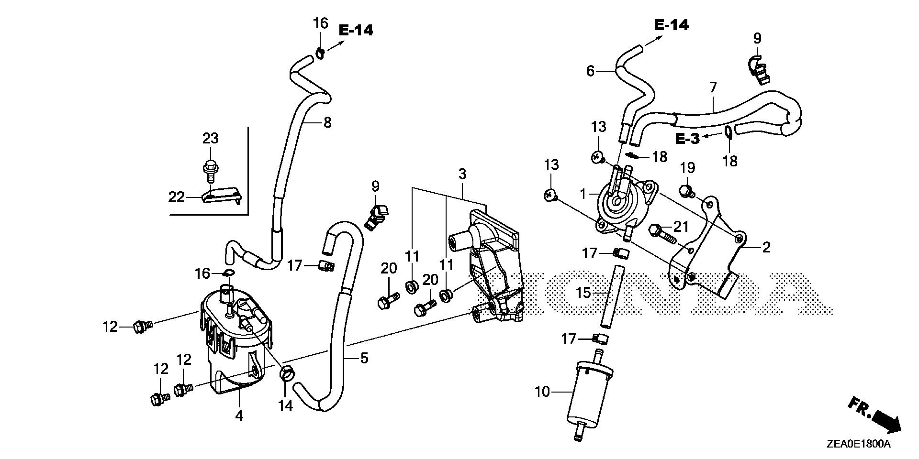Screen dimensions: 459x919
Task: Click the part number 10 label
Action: click(542, 393)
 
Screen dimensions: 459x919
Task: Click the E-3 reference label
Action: click(687, 139)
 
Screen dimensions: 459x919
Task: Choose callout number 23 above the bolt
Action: click(211, 139)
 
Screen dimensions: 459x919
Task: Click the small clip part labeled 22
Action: click(221, 196)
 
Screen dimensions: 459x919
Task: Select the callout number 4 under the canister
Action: click(239, 415)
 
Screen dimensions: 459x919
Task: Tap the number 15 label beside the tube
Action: click(583, 293)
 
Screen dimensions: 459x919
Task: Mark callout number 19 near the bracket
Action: click(687, 168)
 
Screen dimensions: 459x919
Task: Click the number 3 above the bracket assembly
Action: click(462, 174)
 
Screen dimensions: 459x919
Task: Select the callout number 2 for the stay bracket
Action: click(766, 247)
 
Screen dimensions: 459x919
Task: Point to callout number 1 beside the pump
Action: click(583, 194)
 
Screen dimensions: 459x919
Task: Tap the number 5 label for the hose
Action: click(364, 358)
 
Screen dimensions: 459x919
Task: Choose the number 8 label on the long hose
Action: click(327, 122)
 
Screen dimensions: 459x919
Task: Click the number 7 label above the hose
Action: click(713, 87)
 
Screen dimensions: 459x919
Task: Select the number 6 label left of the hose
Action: click(590, 71)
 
